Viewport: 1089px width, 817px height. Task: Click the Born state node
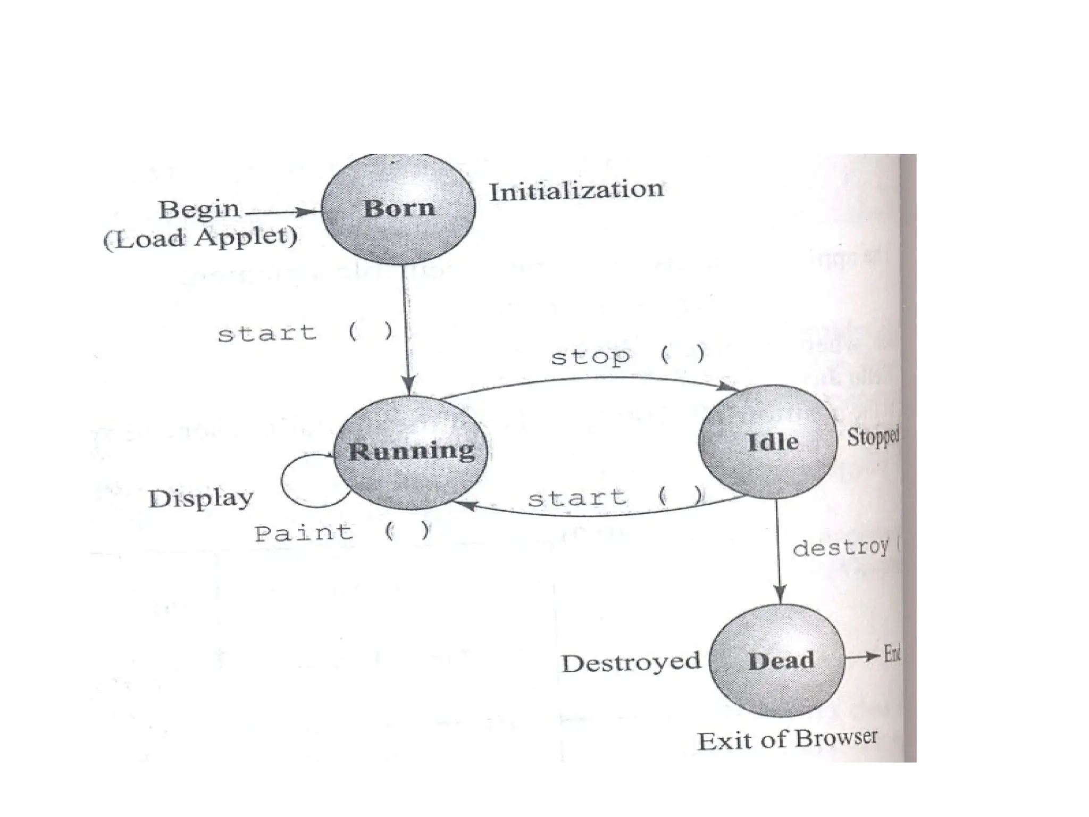point(399,209)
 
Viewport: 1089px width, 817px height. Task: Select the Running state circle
point(411,452)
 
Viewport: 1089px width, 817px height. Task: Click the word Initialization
point(576,190)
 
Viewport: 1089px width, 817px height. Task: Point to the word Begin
point(199,210)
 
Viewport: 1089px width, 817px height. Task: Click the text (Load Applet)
point(200,238)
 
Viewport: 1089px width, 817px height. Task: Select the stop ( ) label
point(627,355)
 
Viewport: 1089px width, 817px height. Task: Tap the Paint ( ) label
point(342,532)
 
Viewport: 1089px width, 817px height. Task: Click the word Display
point(200,499)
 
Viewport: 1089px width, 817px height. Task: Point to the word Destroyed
point(631,663)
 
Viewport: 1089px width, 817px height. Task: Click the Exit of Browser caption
point(787,740)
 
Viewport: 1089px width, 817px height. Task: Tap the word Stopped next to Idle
point(873,437)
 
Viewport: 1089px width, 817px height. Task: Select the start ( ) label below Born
point(305,333)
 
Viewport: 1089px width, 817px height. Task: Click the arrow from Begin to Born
point(282,212)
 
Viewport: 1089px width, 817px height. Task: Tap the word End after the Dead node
point(892,653)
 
